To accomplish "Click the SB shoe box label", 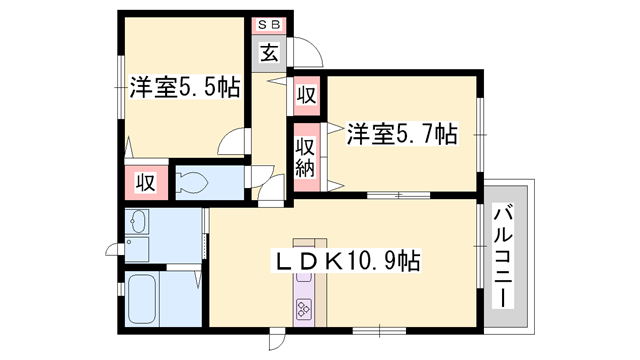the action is [269, 24].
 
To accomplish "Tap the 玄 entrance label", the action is [269, 52].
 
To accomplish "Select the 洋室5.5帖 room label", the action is [184, 87].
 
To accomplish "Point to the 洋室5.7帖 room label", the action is [402, 133].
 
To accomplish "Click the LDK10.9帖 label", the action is [346, 261].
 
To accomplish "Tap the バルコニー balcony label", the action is [503, 257].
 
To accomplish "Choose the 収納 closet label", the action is [306, 157].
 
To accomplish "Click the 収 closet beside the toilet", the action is [146, 182].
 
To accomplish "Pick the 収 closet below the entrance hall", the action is [306, 95].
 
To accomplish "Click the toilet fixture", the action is [191, 182].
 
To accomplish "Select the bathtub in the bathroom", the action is [142, 298].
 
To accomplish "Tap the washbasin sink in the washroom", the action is [137, 222].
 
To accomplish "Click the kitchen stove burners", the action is [304, 309].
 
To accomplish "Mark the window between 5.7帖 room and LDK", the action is [398, 196].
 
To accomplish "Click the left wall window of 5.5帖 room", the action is [121, 87].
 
